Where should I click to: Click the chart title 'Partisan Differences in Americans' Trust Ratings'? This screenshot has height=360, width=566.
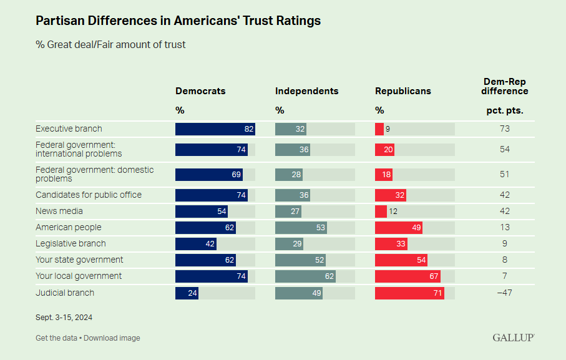(178, 21)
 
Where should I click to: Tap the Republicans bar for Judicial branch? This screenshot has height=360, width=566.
(409, 293)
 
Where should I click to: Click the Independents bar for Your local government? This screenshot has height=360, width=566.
(305, 276)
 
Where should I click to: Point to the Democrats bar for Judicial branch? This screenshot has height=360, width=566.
(187, 293)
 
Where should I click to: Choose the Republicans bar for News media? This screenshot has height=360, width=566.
(381, 212)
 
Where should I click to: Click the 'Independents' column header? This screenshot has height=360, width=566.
(306, 91)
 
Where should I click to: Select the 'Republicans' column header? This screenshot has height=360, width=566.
(403, 91)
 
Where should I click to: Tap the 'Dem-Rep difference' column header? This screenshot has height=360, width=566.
(505, 86)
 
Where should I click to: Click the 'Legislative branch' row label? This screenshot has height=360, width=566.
(71, 244)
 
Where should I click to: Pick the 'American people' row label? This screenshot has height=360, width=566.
(68, 228)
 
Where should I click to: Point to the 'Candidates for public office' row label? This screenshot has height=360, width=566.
(88, 195)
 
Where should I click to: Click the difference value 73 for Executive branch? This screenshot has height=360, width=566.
(505, 129)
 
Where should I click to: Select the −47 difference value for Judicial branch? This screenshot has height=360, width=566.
(505, 293)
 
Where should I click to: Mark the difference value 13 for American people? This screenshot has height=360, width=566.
(505, 228)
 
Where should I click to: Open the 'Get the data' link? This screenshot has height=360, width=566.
(56, 338)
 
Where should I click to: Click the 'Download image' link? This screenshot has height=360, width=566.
(112, 338)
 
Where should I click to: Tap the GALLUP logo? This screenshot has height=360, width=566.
(513, 338)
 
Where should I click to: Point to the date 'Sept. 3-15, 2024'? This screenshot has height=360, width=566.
(64, 318)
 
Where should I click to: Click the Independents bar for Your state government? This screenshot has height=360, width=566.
(300, 260)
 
